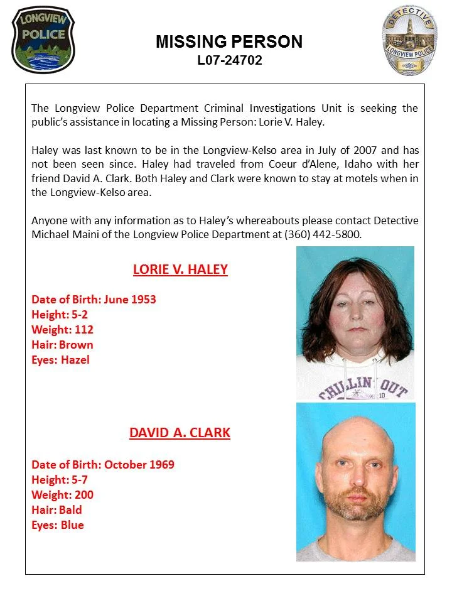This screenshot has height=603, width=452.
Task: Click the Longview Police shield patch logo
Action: [x=42, y=40]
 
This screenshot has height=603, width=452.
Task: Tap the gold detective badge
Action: [x=409, y=40]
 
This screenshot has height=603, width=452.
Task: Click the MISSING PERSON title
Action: [x=229, y=42]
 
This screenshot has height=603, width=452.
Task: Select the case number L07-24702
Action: [x=229, y=61]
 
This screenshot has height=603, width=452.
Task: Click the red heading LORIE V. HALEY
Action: [x=180, y=270]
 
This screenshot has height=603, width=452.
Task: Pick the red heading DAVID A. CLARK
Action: [x=180, y=433]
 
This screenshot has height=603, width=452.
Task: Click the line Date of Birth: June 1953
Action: [x=94, y=300]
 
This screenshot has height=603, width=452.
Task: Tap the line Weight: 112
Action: [x=62, y=330]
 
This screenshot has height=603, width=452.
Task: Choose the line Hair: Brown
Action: [x=62, y=345]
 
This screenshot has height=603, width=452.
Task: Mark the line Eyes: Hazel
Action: [x=60, y=360]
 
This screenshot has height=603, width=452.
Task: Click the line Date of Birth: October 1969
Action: [x=103, y=465]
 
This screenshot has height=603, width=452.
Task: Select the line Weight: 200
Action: [x=62, y=495]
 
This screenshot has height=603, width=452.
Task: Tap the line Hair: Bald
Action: [x=56, y=510]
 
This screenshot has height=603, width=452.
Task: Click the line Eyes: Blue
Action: [x=57, y=525]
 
